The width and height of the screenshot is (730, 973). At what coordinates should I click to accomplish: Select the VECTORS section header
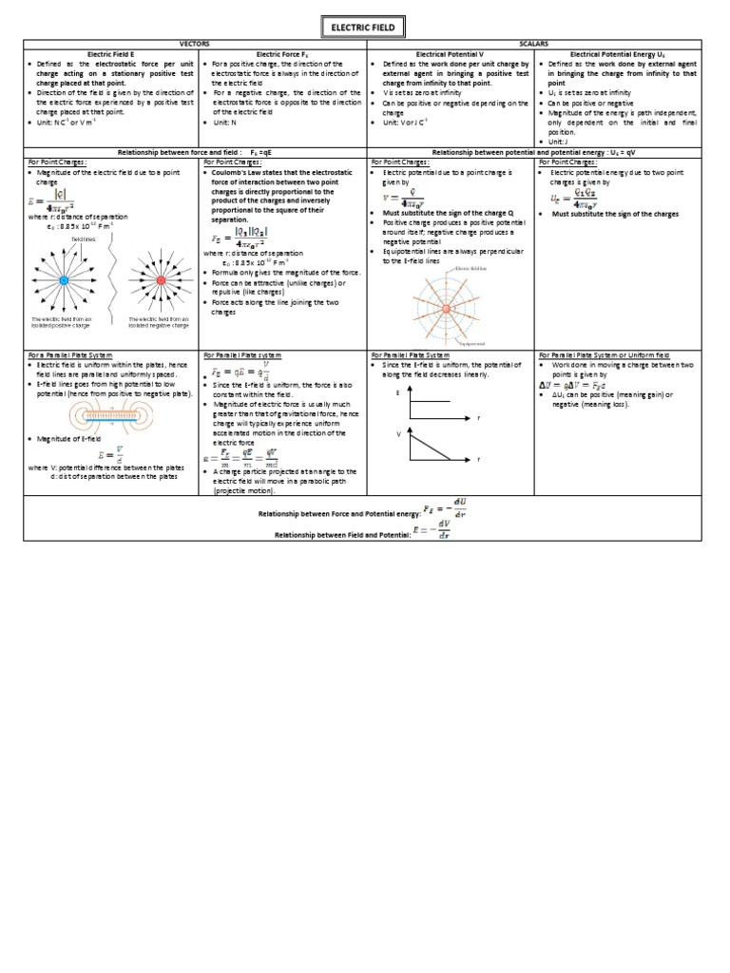click(194, 44)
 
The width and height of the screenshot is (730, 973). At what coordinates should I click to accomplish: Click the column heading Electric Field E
click(112, 53)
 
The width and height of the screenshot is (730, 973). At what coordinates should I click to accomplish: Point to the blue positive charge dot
click(64, 281)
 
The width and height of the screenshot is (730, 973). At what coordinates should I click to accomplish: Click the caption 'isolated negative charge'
click(159, 325)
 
